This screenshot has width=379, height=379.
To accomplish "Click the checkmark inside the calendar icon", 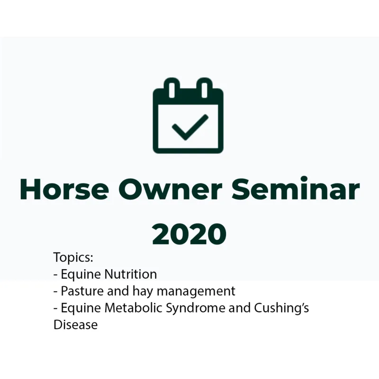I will [x=189, y=126].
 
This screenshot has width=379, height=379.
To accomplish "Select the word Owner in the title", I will [x=170, y=189].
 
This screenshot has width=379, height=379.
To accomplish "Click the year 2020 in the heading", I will [x=189, y=233].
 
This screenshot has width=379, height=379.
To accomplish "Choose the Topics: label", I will [x=73, y=258].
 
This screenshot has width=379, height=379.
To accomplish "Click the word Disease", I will [x=75, y=325].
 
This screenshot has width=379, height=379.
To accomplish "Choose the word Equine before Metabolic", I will [x=81, y=308].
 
